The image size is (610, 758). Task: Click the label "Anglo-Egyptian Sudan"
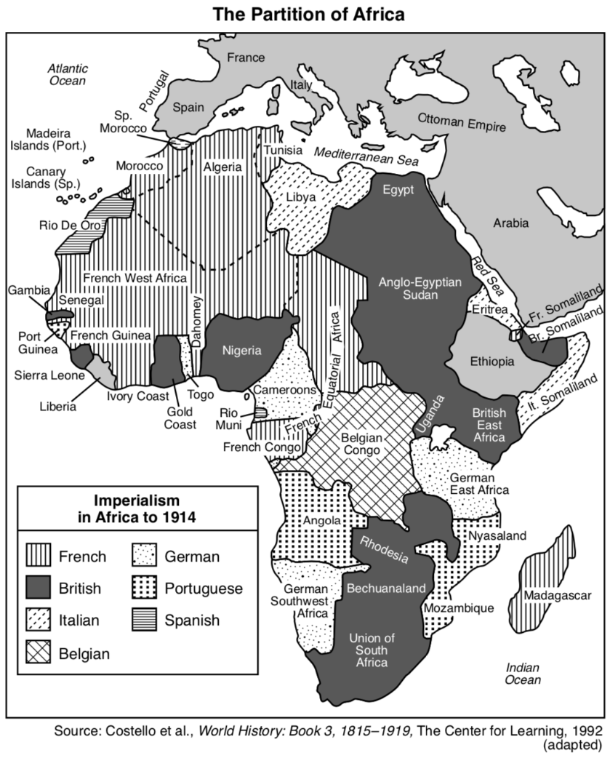(410, 290)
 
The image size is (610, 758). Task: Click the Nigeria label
(241, 351)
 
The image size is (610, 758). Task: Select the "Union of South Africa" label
(367, 650)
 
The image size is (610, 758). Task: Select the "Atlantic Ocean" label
(67, 74)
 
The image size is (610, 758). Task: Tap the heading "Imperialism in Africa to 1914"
(138, 509)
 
